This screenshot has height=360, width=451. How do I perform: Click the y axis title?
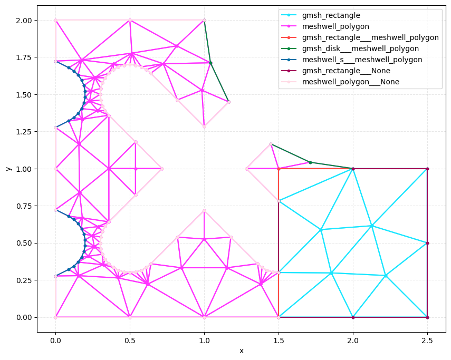coord(9,169)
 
